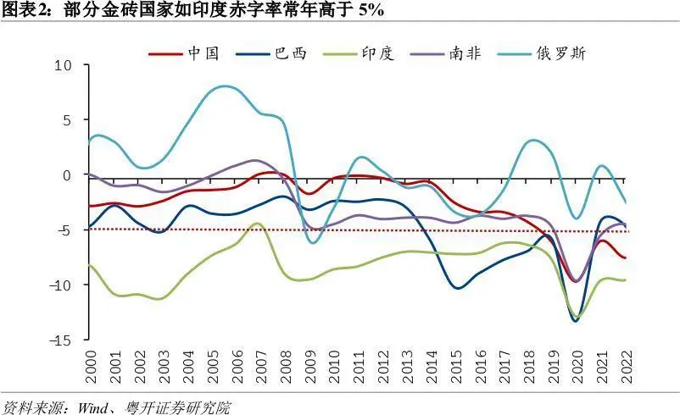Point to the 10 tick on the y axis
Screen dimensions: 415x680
[x=64, y=65]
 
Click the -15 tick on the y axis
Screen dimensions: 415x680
[x=61, y=340]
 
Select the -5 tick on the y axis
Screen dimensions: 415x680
[x=64, y=230]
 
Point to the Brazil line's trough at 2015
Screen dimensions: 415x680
[x=458, y=288]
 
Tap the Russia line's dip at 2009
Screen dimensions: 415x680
[x=314, y=243]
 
